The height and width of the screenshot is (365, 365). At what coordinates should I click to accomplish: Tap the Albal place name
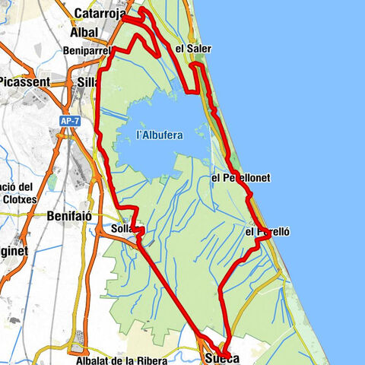point(84,32)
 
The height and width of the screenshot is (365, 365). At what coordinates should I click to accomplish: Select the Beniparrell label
point(89,52)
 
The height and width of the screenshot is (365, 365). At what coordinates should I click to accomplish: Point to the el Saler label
point(192,49)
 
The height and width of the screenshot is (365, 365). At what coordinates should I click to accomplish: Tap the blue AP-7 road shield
point(69,121)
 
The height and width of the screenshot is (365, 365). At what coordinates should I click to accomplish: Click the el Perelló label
point(268,230)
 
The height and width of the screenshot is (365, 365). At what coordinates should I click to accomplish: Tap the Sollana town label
point(125,228)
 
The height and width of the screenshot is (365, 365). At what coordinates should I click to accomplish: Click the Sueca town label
point(221,358)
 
